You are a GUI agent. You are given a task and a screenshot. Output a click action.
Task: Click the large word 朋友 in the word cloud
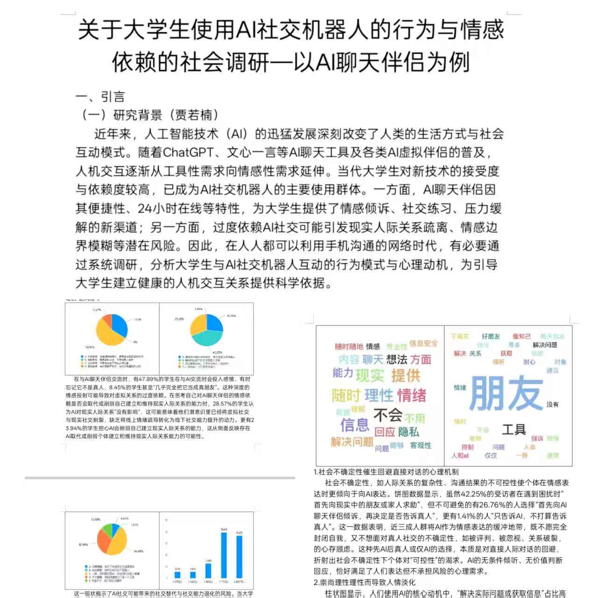506,393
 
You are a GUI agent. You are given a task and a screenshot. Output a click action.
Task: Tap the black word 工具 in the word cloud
513,429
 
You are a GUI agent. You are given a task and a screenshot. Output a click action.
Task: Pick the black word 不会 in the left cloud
388,414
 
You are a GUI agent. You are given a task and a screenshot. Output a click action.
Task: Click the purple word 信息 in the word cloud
355,425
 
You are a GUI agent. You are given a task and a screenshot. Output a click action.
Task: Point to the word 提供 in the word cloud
406,375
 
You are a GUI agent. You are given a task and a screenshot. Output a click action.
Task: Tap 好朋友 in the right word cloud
491,336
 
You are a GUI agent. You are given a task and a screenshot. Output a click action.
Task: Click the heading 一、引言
100,97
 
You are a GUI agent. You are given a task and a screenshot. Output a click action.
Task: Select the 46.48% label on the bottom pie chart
138,551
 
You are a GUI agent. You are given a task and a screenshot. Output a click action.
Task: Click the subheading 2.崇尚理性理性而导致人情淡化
364,583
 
